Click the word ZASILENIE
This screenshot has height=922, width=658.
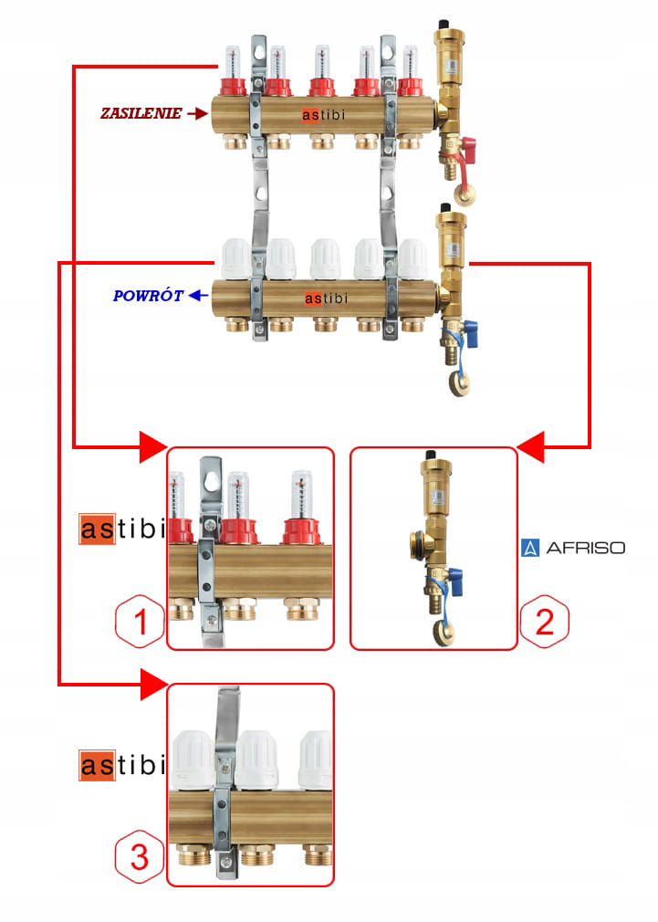(141, 114)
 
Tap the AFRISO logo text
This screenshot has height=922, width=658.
(585, 549)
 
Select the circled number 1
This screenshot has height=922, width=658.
(141, 623)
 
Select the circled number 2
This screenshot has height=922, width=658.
(544, 623)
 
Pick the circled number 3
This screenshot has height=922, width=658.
(139, 857)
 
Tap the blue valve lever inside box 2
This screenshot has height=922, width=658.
(457, 576)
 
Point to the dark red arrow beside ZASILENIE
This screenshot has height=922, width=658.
(196, 114)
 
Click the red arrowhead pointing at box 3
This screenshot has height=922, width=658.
(152, 683)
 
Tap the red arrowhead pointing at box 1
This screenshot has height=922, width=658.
(152, 447)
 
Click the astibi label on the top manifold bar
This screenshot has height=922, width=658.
(324, 115)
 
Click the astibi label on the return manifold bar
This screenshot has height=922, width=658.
(325, 298)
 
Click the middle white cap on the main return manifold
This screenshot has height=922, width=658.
(324, 258)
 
